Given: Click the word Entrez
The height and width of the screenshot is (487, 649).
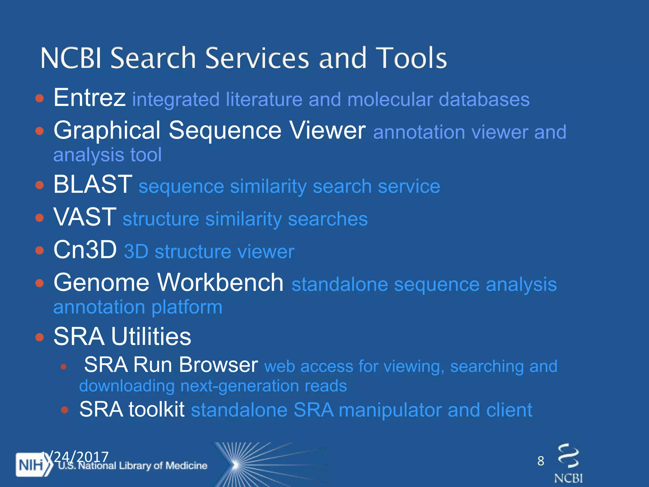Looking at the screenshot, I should (89, 98).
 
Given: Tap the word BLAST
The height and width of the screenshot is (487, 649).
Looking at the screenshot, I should (93, 184).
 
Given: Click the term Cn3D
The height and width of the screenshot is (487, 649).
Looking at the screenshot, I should (85, 250).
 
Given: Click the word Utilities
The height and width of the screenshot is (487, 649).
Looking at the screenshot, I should (151, 336).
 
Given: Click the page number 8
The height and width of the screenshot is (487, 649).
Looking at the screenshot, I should (541, 461).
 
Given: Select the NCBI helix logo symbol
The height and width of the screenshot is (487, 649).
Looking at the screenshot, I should (568, 456).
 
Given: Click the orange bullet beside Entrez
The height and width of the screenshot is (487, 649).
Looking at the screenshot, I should (39, 98).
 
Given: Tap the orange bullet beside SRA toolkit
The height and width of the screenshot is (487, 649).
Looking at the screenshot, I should (65, 410).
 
